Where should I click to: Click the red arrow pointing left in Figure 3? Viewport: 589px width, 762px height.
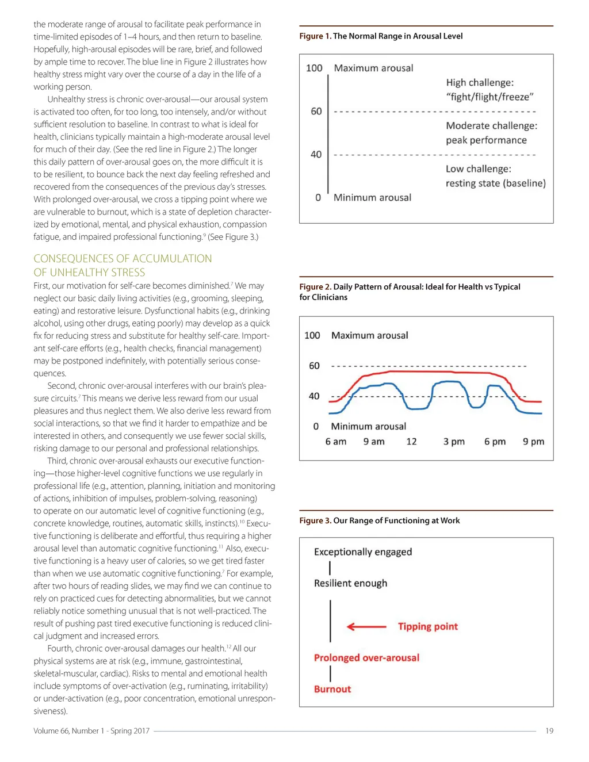tap(366, 626)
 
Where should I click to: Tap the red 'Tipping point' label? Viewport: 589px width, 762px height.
tap(428, 626)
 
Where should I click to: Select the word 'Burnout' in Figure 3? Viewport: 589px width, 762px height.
tap(332, 689)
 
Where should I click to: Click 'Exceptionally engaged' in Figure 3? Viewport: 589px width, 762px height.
tap(363, 552)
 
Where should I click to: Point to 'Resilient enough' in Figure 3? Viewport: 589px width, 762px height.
tap(350, 583)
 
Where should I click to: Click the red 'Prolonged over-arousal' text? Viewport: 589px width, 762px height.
tap(366, 657)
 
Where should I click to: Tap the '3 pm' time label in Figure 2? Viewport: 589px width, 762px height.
tap(454, 442)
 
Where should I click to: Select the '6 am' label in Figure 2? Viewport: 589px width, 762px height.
tap(336, 442)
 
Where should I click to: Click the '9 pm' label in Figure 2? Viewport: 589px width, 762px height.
tap(533, 442)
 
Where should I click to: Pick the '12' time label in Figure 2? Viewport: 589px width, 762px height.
tap(411, 442)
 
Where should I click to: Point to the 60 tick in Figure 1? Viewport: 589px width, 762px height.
tap(316, 111)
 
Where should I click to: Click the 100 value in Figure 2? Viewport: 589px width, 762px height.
tap(312, 335)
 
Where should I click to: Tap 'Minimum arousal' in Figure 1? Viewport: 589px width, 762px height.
tap(372, 197)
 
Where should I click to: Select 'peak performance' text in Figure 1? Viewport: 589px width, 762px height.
tap(486, 140)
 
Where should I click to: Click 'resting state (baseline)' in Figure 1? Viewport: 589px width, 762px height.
tap(495, 183)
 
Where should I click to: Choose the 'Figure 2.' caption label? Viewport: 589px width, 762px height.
tap(315, 286)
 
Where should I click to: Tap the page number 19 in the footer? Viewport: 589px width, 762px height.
tap(549, 731)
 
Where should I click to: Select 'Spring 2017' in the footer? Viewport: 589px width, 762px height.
tap(130, 731)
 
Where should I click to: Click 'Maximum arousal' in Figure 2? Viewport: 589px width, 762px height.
tap(370, 335)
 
